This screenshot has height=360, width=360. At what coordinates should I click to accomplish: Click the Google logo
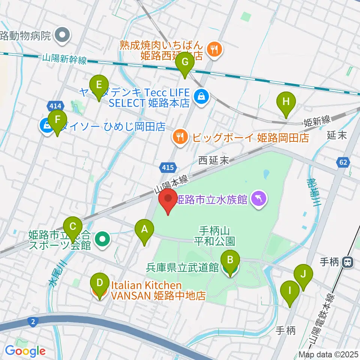pos(25,351)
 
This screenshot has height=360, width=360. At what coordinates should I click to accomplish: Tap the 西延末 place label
pos(213,161)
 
